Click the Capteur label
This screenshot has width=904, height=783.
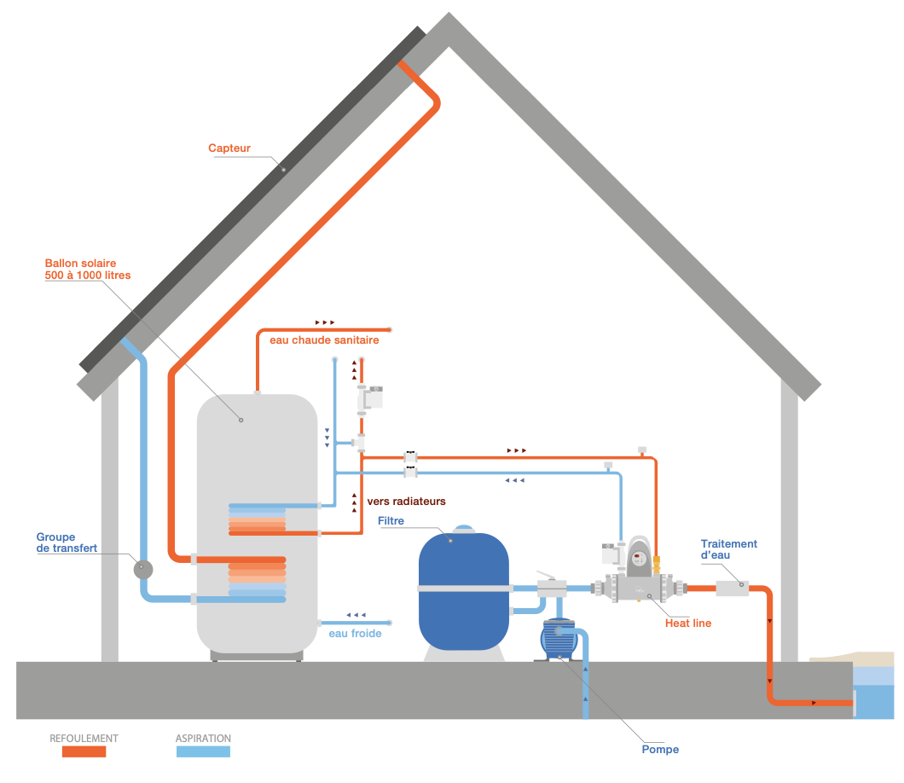[x=229, y=148]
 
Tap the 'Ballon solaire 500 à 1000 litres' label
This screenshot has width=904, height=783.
[x=80, y=269]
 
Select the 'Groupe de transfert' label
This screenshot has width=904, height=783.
[x=67, y=542]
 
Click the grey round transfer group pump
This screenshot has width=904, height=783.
[x=142, y=568]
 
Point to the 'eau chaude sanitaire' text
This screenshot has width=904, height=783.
[x=324, y=339]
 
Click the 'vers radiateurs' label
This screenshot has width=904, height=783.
[x=406, y=501]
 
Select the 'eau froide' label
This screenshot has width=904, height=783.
[x=355, y=634]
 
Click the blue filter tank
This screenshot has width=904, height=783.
[x=463, y=589]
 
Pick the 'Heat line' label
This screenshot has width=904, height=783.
[x=687, y=623]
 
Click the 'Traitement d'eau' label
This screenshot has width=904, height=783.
[x=728, y=549]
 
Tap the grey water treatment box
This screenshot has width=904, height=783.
[x=731, y=588]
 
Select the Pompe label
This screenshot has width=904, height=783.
[x=660, y=750]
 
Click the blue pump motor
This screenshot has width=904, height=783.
[x=559, y=640]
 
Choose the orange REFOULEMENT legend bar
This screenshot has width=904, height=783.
[x=78, y=751]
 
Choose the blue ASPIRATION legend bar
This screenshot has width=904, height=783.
[x=203, y=751]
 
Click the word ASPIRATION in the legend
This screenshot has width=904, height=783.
[x=203, y=738]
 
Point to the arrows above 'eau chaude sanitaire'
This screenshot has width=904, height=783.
[x=325, y=322]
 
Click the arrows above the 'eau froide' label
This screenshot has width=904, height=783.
[x=356, y=615]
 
